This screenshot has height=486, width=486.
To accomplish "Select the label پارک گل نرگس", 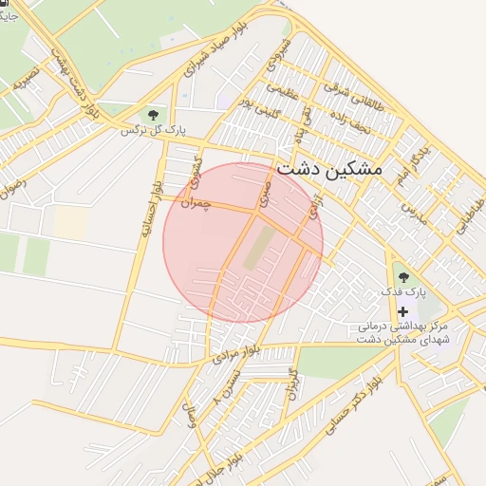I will (153, 131).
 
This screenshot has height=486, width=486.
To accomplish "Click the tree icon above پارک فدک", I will (403, 276).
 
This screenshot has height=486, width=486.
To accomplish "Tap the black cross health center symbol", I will (403, 311).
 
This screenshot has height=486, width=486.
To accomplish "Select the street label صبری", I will (270, 195).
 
